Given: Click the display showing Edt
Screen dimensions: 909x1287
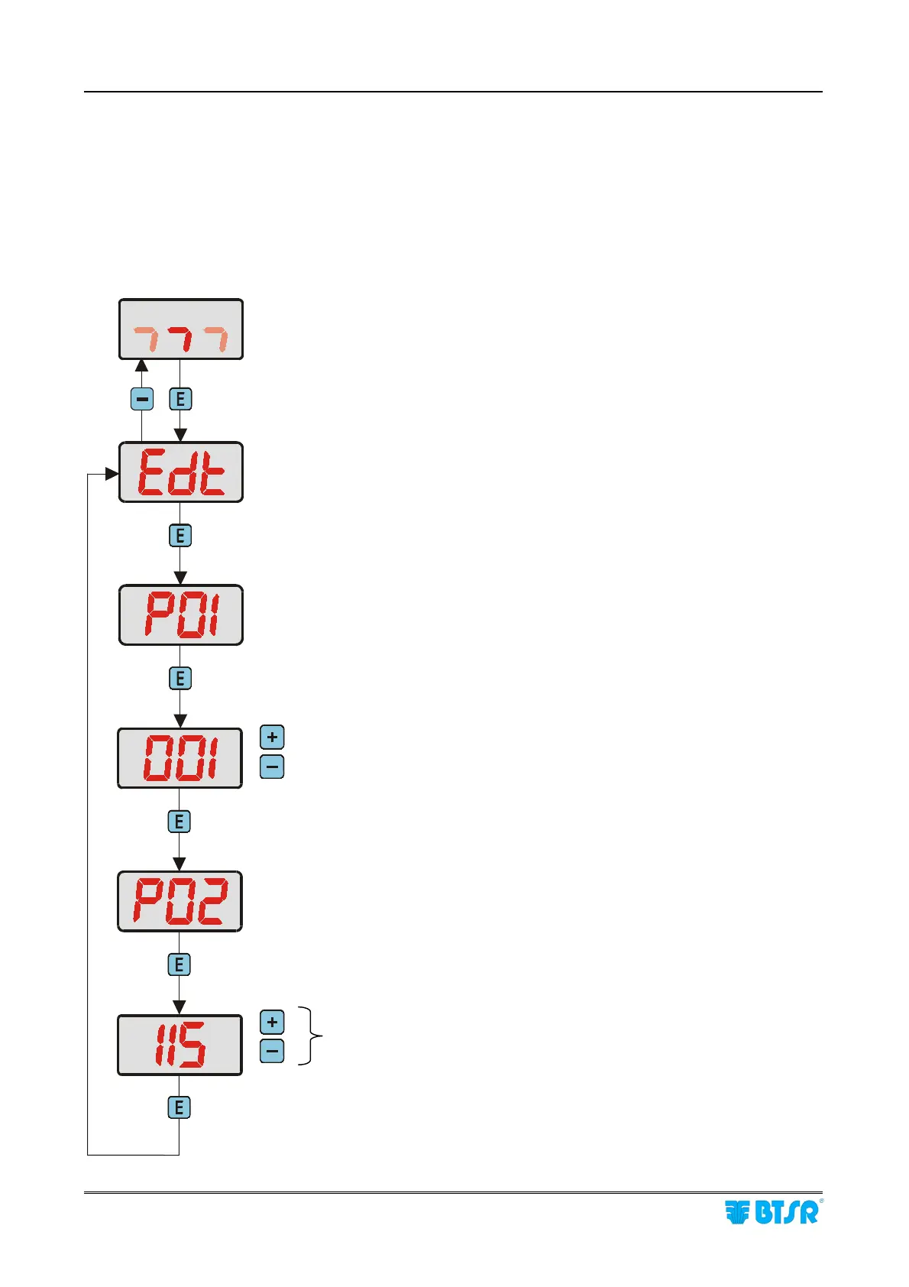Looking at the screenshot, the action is coord(181,472).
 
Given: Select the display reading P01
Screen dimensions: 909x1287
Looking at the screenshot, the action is coord(181,615).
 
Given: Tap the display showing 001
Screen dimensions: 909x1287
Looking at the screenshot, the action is coord(180,758).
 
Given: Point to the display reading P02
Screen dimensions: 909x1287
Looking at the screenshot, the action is coord(180,901).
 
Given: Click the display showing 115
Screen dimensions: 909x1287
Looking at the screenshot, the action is coord(180,1045).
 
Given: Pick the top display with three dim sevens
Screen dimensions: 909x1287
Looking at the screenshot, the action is coord(181,329).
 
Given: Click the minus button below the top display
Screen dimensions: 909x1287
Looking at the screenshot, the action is coord(142,399).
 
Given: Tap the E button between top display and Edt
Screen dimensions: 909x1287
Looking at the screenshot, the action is coord(180,399).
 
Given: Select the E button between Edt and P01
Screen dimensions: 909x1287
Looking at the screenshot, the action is coord(180,536).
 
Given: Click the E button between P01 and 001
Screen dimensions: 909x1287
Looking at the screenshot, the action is coord(180,679).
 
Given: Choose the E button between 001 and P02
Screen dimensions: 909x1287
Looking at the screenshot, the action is coord(180,822).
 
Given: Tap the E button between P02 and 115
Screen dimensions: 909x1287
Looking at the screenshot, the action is coord(180,964).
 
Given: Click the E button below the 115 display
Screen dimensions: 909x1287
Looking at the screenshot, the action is coord(180,1107).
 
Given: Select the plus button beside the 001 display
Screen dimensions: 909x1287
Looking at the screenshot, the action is coord(272,738).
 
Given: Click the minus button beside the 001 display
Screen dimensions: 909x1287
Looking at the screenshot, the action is coord(272,767).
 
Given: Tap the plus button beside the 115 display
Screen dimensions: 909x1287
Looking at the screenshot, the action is coord(272,1023).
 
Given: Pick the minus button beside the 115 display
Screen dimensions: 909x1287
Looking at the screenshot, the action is coord(272,1052).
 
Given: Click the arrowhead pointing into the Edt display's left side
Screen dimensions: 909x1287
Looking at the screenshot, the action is coord(112,474).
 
